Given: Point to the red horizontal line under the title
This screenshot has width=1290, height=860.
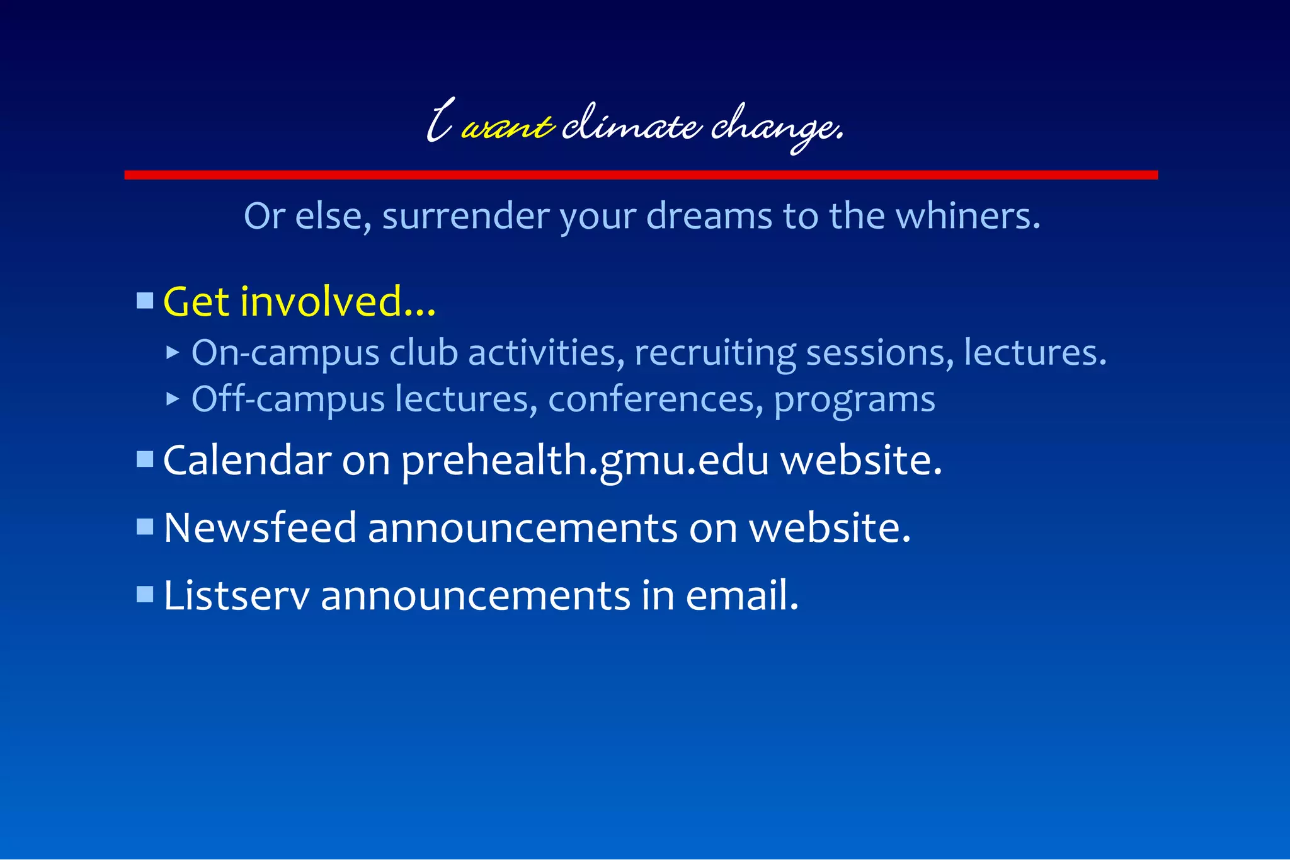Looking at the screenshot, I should click(641, 175).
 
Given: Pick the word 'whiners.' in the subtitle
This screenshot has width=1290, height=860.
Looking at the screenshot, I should click(967, 216).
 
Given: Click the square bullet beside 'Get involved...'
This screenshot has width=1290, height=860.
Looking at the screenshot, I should click(145, 301).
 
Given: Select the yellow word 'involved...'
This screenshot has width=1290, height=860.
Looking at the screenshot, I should click(338, 302).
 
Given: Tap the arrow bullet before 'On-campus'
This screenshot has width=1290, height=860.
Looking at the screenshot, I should click(173, 352).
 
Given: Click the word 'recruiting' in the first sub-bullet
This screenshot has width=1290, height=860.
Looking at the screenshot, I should click(715, 353).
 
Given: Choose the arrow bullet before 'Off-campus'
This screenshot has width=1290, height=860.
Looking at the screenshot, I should click(173, 399).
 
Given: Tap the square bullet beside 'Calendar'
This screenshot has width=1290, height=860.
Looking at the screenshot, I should click(145, 459).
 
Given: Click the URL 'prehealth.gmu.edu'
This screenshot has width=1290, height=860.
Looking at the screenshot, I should click(585, 461).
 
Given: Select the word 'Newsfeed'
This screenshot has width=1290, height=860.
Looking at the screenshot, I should click(260, 527).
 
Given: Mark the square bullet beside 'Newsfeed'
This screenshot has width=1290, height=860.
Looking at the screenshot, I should click(145, 527).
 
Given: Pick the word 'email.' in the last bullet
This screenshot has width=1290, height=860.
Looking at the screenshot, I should click(742, 595).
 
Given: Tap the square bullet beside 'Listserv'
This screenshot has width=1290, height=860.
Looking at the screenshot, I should click(145, 595).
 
